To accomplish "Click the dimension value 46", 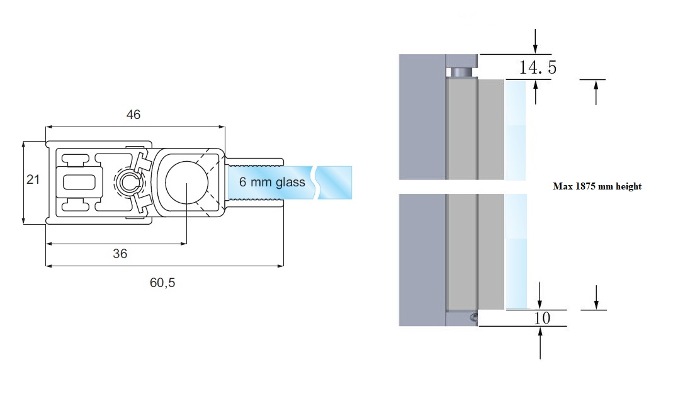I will (133, 115).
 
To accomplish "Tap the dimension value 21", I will (33, 179).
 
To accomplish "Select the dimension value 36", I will (120, 253).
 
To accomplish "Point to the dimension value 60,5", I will (162, 283).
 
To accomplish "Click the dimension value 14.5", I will (537, 67).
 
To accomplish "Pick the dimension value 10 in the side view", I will (541, 318).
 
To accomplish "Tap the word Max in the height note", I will (562, 186).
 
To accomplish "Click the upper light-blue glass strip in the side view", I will (516, 129).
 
